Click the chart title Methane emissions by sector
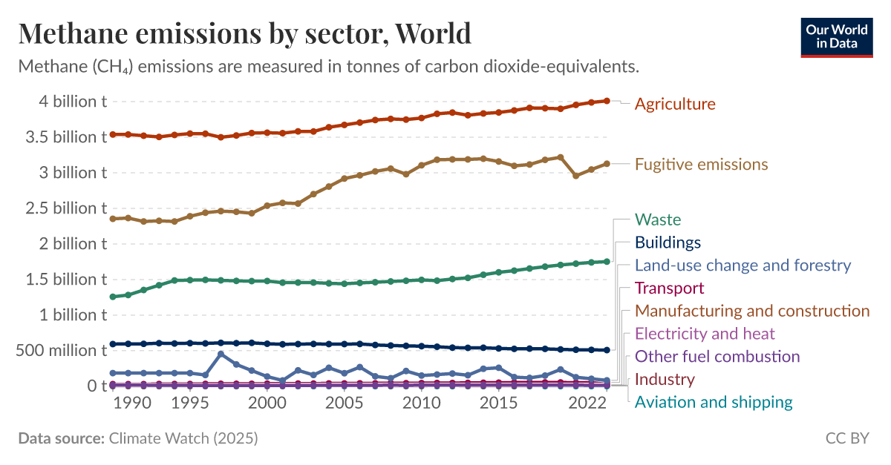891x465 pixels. (244, 33)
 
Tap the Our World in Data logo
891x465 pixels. (836, 36)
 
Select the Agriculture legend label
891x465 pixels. (675, 104)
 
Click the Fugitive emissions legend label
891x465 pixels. (701, 164)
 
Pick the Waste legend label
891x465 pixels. (658, 220)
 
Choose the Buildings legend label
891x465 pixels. (668, 243)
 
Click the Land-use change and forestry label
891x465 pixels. (742, 266)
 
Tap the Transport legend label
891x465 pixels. (669, 288)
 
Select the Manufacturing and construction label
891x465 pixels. (752, 311)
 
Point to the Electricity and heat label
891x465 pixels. (705, 334)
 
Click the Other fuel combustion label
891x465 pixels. (717, 357)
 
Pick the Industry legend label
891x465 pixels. (665, 380)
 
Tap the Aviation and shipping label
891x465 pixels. (714, 403)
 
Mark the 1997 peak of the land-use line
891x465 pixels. (221, 354)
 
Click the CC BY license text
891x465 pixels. (846, 438)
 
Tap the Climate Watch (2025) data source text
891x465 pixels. (183, 438)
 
